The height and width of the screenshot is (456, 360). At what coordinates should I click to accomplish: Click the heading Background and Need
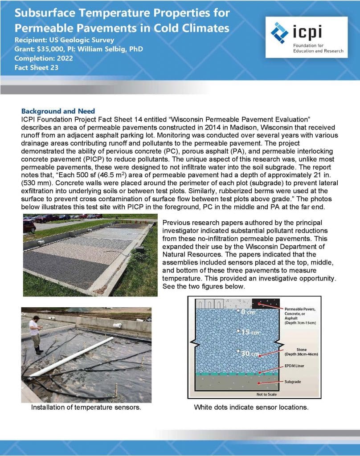58,111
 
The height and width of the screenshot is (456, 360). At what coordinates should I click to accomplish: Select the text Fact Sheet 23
36,67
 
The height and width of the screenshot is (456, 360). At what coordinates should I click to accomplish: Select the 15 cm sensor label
248,332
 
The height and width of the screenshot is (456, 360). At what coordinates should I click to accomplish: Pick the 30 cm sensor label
247,354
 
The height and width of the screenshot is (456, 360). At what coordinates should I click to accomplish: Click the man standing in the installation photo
34,332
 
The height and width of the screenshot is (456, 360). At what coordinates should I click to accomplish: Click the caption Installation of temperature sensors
86,407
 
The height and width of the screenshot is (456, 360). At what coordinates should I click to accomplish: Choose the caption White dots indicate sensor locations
251,407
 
